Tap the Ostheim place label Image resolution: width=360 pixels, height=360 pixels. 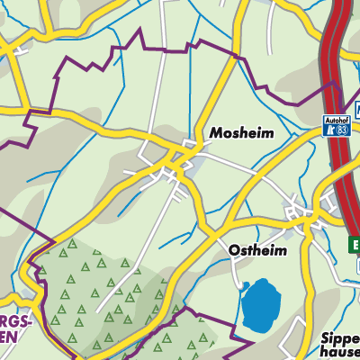click(257, 250)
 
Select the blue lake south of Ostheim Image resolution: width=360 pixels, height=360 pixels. click(261, 304)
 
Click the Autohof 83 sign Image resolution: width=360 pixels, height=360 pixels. click(335, 124)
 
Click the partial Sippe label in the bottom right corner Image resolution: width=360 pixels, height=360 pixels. click(340, 340)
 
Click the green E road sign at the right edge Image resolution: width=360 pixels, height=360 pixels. click(355, 244)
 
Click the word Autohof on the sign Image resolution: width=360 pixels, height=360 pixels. click(335, 118)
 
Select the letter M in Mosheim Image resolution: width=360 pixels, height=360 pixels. click(216, 132)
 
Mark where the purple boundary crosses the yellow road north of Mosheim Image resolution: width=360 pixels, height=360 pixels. click(236, 57)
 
